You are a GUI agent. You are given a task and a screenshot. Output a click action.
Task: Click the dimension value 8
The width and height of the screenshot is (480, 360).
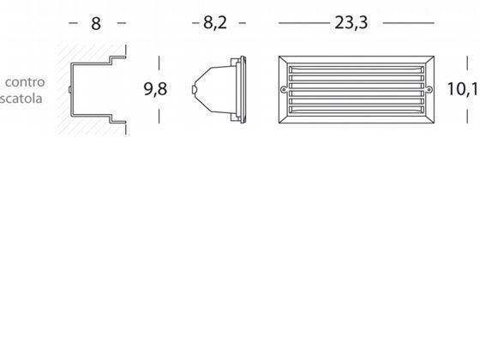(x=96, y=24)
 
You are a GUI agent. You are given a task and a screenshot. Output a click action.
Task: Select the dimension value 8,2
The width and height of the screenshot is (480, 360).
(x=215, y=23)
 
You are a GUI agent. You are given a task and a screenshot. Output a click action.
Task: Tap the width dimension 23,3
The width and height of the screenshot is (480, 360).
(x=351, y=22)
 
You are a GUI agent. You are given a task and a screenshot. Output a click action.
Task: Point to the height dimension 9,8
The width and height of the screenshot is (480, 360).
(x=155, y=89)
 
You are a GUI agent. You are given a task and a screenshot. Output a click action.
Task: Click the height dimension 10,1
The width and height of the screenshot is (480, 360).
(x=464, y=89)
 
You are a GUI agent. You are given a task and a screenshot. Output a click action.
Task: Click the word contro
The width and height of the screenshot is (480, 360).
(x=25, y=82)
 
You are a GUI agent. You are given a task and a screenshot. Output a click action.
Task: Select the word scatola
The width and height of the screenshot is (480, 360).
(x=21, y=99)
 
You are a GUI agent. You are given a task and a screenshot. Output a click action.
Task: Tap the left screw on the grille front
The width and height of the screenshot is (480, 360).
(x=284, y=90)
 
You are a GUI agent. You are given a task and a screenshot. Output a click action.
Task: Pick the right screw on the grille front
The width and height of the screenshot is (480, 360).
(x=429, y=90)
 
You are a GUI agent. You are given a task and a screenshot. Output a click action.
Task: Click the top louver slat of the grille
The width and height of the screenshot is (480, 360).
(x=357, y=69)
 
